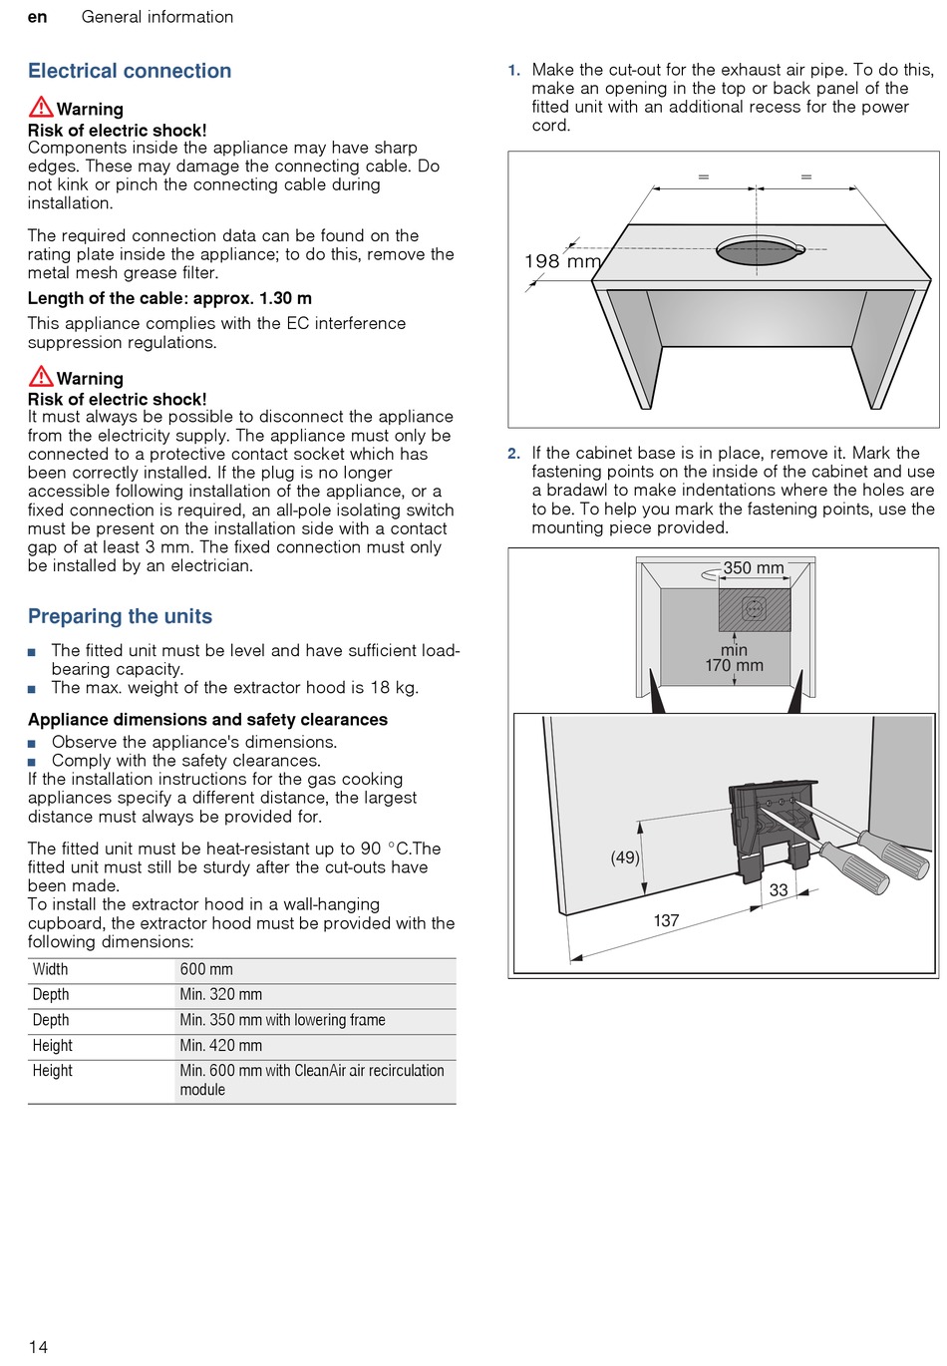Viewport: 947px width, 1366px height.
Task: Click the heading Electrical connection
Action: (x=130, y=71)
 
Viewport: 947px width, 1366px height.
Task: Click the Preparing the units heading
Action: (x=120, y=616)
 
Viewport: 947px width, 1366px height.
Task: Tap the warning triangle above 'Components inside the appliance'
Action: (x=41, y=107)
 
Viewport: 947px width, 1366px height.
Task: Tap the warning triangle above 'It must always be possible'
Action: (x=41, y=376)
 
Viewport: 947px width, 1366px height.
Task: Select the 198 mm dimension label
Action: (x=562, y=261)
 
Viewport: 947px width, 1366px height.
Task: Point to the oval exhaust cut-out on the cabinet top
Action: (x=760, y=250)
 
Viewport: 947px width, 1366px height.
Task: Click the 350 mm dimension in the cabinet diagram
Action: (x=753, y=568)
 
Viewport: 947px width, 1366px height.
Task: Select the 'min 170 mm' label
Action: (x=734, y=658)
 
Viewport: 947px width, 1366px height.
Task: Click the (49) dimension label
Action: (x=625, y=857)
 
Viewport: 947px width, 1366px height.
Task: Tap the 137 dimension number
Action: (x=666, y=920)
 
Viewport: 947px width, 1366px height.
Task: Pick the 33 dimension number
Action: (x=779, y=890)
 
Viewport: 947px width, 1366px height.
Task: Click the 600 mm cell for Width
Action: (x=206, y=969)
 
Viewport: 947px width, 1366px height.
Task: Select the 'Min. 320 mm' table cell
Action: (x=221, y=994)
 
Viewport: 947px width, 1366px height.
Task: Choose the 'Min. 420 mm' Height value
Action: (x=221, y=1046)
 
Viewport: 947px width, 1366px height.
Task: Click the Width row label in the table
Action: (x=50, y=969)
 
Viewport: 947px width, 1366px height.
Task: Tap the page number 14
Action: (x=38, y=1347)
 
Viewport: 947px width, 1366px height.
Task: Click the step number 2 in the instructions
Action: (x=513, y=454)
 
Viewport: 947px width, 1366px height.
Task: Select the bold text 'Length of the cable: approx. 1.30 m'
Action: (x=169, y=298)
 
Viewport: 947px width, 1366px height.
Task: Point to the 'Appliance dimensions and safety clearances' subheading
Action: (x=207, y=720)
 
